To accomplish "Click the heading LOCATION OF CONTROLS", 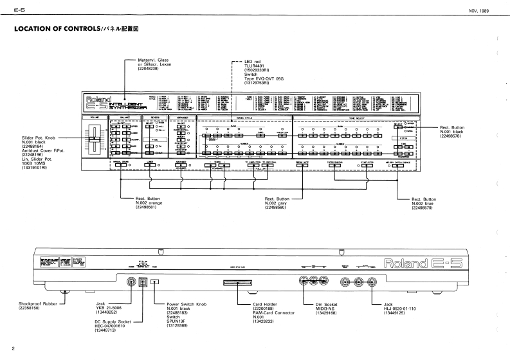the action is [54, 29].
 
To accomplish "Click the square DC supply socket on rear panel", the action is [143, 281].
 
